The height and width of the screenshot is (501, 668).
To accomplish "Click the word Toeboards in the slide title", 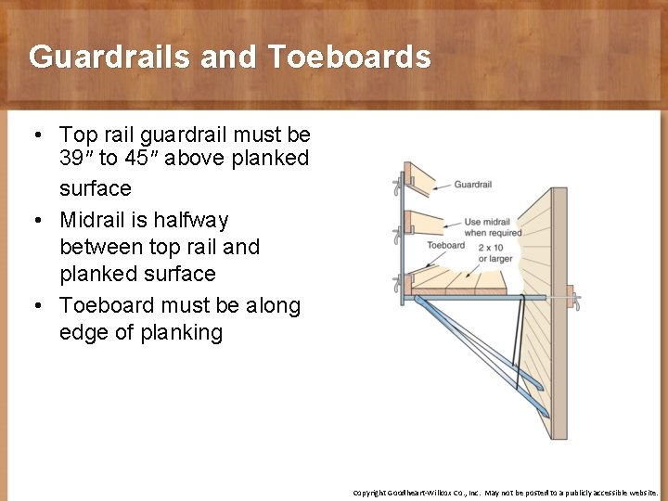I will [x=350, y=57].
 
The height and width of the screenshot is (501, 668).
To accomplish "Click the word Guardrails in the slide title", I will [x=115, y=57].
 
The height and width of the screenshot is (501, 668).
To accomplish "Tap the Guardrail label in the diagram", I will [x=472, y=185].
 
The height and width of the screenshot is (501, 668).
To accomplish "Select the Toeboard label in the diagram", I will [x=445, y=246].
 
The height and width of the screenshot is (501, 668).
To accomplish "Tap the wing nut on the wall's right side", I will [x=577, y=301].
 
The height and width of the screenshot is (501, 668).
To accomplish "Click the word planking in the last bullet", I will [x=182, y=332].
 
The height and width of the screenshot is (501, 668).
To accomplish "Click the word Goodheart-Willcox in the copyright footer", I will [x=429, y=493].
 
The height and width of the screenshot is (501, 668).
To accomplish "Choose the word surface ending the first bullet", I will [x=96, y=188].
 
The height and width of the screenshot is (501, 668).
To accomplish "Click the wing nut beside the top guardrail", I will [x=397, y=186].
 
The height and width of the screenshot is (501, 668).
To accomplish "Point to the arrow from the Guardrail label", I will [x=442, y=186].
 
